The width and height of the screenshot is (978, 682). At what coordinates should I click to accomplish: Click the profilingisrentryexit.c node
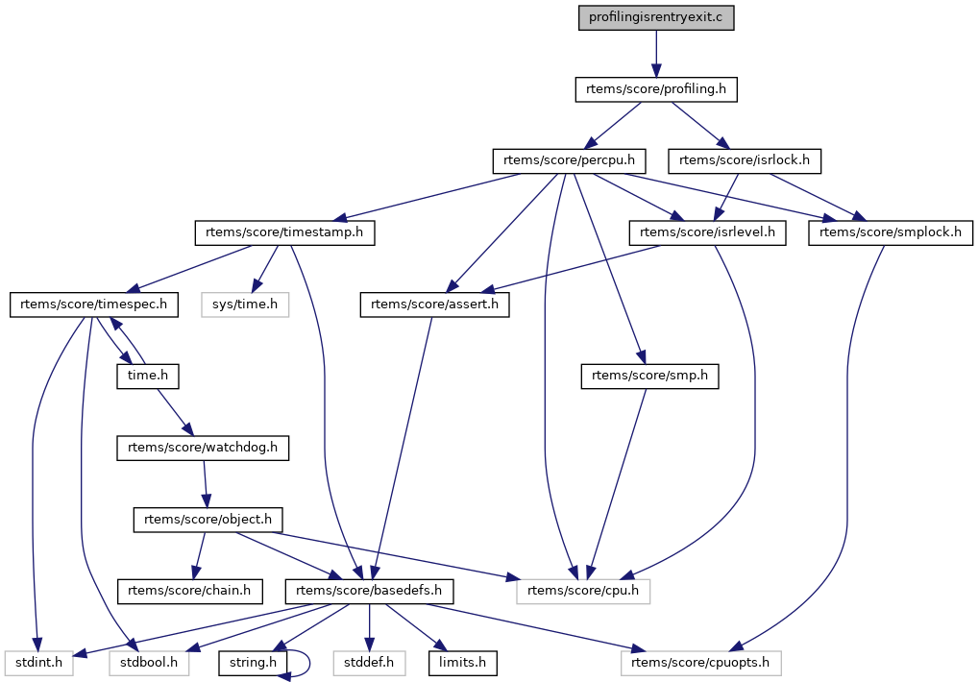[655, 17]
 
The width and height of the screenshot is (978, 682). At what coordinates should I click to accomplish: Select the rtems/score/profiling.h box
[655, 89]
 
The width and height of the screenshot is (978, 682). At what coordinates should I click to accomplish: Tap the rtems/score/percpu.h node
[569, 160]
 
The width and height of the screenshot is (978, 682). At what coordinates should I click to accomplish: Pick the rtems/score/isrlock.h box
[745, 160]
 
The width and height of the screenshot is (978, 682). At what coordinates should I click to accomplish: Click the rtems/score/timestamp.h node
[284, 232]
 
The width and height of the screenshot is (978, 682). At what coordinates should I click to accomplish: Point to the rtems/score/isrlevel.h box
[707, 232]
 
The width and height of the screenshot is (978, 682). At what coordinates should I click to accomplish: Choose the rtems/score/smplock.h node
[890, 232]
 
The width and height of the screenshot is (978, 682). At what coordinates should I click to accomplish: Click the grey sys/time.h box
[245, 304]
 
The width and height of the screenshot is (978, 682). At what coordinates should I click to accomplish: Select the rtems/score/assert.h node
[434, 304]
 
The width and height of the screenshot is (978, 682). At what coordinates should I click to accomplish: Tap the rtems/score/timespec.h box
[93, 304]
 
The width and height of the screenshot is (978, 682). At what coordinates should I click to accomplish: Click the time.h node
[148, 376]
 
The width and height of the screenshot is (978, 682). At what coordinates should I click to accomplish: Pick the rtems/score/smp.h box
[649, 376]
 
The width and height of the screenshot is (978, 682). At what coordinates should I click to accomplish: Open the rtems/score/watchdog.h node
[203, 448]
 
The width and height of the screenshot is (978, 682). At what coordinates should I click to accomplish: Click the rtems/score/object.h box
[208, 520]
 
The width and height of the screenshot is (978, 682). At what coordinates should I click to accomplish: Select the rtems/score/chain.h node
[189, 591]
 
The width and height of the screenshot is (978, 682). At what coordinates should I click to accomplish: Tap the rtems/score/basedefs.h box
[369, 591]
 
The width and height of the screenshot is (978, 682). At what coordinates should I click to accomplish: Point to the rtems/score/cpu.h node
[583, 591]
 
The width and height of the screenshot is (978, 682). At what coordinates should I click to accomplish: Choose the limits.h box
[462, 663]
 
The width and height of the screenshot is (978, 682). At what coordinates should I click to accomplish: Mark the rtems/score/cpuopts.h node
[700, 663]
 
